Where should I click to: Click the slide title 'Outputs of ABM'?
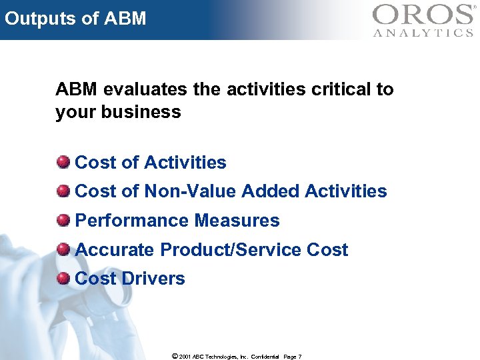(x=75, y=18)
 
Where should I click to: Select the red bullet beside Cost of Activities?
(x=63, y=162)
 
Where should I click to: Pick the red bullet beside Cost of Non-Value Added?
(x=63, y=191)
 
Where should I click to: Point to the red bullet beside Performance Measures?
(x=63, y=220)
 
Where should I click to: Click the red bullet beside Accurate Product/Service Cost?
(x=63, y=249)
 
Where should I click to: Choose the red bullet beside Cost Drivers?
(x=63, y=278)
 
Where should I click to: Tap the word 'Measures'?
(x=237, y=221)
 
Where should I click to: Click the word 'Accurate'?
(x=113, y=250)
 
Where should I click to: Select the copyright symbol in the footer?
(x=175, y=356)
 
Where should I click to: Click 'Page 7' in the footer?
(x=292, y=356)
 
